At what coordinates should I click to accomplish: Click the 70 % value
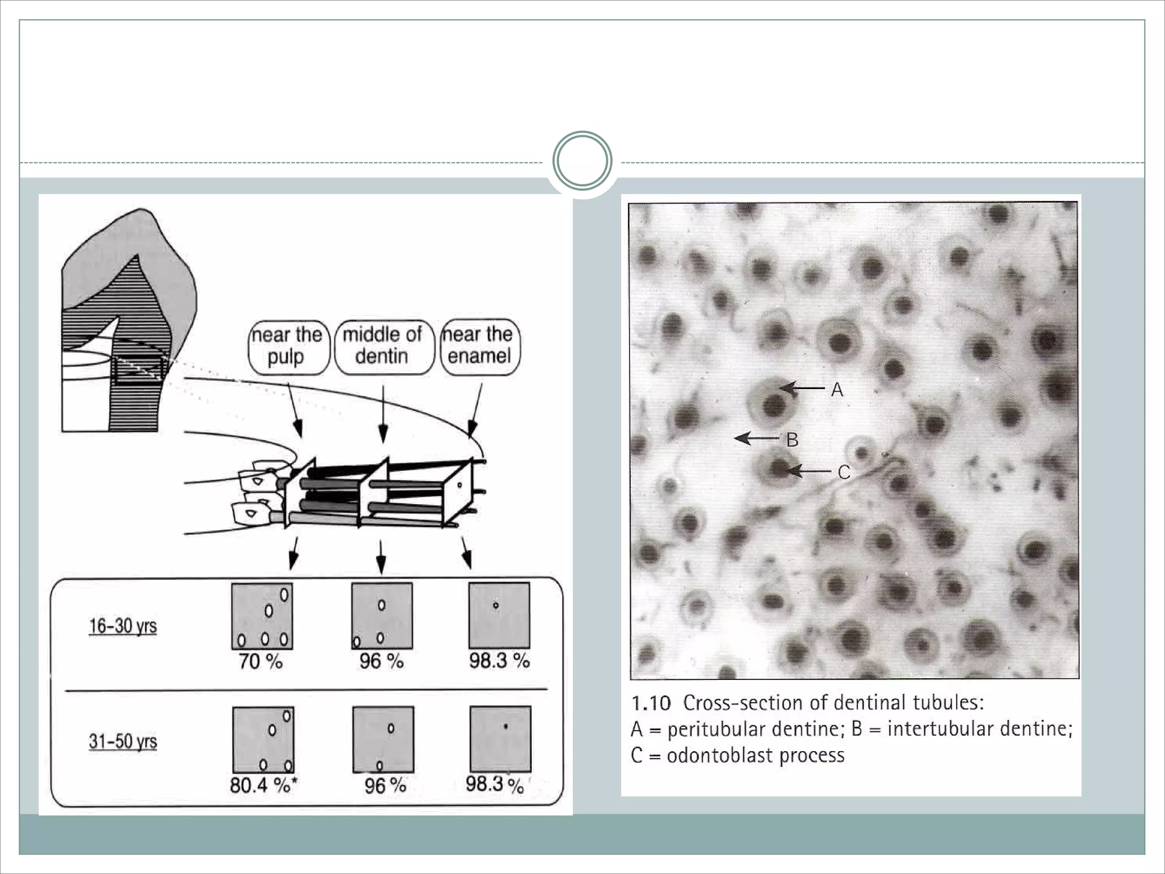261,662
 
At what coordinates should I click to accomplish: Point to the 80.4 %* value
263,786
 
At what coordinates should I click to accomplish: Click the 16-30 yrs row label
123,626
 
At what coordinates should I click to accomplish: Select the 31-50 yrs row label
123,742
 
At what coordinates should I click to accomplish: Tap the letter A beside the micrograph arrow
837,390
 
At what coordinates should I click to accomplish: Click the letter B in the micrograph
792,439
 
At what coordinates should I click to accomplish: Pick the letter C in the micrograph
844,472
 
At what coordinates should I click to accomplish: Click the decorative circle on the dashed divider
582,161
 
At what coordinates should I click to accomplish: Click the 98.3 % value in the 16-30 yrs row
499,661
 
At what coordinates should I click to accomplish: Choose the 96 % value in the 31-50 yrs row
385,786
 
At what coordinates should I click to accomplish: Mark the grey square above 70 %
262,616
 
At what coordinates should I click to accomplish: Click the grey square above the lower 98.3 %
500,739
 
